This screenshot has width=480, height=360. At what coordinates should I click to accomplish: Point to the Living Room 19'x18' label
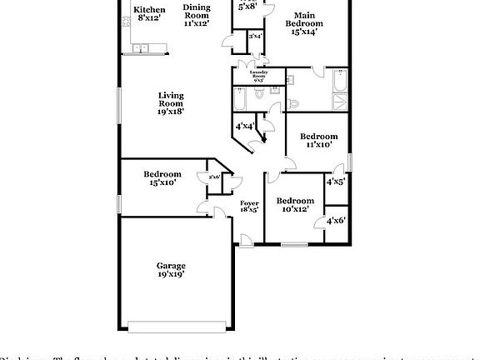point(171,102)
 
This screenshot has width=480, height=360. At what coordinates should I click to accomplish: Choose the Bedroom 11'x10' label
point(318,140)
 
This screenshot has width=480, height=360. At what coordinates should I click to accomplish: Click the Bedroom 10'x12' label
point(295,205)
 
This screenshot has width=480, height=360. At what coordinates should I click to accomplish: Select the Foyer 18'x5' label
point(249,207)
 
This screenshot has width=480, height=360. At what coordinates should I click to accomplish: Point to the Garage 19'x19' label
point(171,270)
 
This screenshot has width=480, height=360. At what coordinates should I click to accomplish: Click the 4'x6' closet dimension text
point(335,220)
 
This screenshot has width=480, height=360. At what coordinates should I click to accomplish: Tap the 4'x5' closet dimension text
point(335,181)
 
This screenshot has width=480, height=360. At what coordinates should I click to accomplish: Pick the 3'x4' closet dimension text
point(255,37)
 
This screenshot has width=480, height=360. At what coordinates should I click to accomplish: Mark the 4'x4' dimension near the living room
point(244,126)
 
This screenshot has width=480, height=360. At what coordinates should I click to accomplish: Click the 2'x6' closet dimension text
point(214,177)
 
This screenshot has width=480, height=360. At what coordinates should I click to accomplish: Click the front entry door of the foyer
point(246,241)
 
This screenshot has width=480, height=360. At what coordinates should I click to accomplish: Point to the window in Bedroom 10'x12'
point(292,244)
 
